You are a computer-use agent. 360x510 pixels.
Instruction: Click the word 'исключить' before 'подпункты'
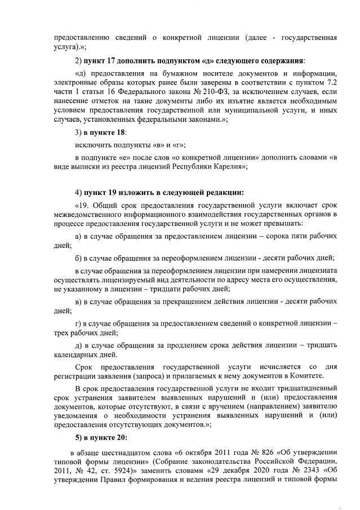[91, 144]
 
